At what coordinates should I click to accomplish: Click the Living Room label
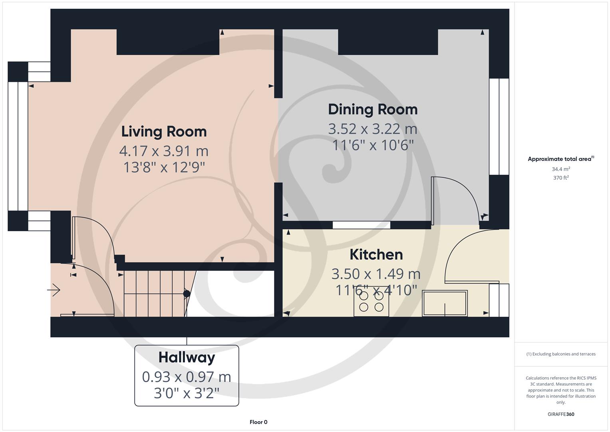(x=164, y=132)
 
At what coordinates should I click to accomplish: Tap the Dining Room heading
(x=373, y=109)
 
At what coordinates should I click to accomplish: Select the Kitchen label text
(x=376, y=254)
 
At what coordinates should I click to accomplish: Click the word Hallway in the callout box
(x=187, y=357)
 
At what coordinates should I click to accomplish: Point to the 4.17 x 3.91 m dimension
(x=164, y=151)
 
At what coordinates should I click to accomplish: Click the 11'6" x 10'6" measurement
(x=373, y=145)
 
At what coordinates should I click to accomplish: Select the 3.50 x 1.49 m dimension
(x=376, y=274)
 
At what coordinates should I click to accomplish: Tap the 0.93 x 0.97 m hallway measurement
(x=187, y=377)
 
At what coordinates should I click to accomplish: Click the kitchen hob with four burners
(x=371, y=302)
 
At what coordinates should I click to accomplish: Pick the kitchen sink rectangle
(x=445, y=303)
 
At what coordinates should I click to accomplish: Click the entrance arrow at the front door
(x=54, y=290)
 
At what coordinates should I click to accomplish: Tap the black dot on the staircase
(x=187, y=294)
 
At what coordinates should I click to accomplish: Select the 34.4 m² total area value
(x=561, y=169)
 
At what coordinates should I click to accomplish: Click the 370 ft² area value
(x=561, y=178)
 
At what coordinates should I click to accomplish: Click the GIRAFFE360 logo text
(x=561, y=414)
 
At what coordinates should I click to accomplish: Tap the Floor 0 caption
(x=258, y=422)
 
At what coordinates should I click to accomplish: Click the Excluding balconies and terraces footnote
(x=561, y=354)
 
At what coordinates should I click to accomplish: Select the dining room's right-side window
(x=499, y=126)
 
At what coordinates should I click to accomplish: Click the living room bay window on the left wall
(x=18, y=146)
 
